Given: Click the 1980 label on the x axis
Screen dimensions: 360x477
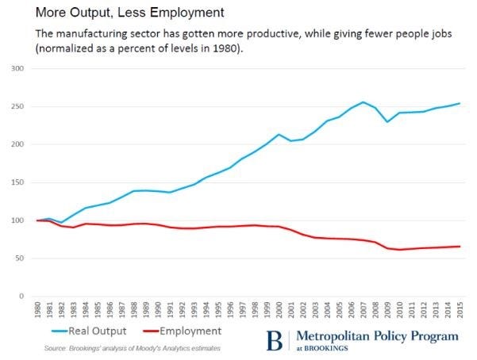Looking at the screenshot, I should click(x=35, y=310).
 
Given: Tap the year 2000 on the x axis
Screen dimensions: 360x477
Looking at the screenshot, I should click(x=278, y=310).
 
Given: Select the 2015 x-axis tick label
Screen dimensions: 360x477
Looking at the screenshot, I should click(x=460, y=310).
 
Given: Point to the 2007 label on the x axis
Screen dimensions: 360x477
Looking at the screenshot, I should click(x=364, y=310).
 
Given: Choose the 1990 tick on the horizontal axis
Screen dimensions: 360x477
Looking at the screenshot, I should click(x=156, y=310).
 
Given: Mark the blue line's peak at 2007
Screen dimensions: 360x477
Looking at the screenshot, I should click(x=363, y=102).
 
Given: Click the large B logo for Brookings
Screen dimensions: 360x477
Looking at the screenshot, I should click(x=275, y=339).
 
